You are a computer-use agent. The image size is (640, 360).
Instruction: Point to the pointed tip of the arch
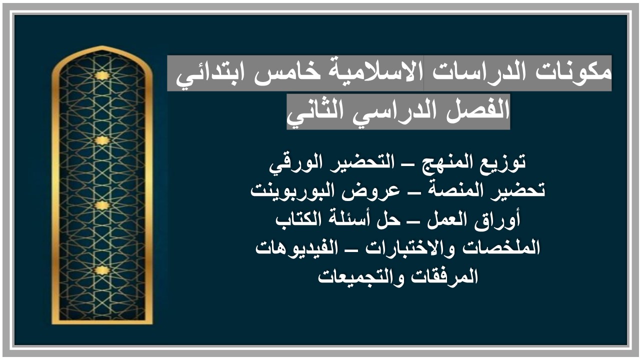click(102, 47)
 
